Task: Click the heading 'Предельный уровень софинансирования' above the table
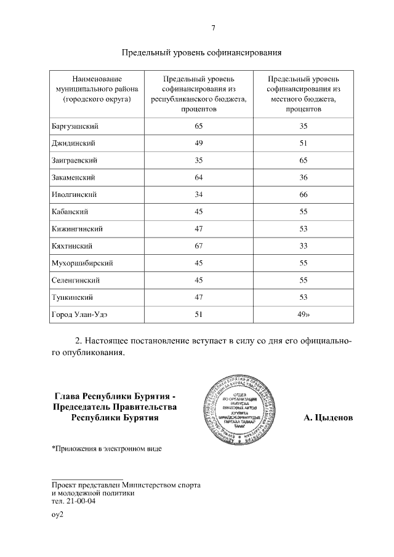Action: click(x=201, y=52)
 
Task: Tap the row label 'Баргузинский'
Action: click(x=75, y=126)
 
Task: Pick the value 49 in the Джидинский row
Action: click(x=198, y=143)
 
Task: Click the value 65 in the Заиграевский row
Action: click(x=303, y=160)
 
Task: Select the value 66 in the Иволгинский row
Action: click(x=303, y=194)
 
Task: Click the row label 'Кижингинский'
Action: click(x=77, y=229)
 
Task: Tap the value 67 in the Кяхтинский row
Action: click(x=198, y=246)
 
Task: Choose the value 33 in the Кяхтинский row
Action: click(x=303, y=246)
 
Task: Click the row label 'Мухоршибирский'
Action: click(x=82, y=263)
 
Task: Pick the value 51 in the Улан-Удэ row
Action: click(x=198, y=315)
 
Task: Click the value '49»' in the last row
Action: click(x=304, y=315)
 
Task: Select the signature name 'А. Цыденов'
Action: click(x=328, y=417)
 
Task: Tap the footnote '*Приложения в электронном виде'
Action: click(x=107, y=449)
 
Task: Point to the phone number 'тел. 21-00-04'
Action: click(x=74, y=500)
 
